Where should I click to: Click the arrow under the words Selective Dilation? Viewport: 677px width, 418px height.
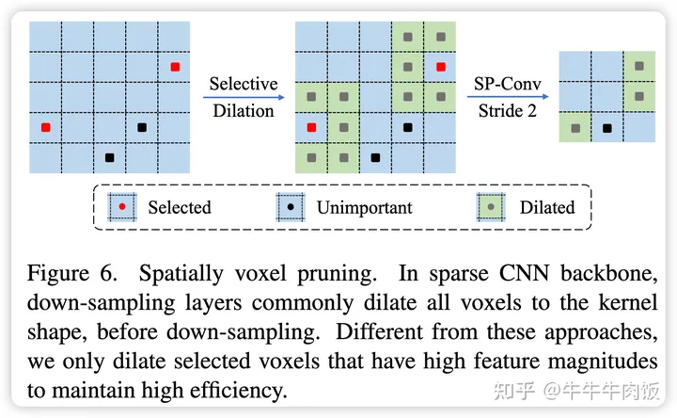(x=243, y=96)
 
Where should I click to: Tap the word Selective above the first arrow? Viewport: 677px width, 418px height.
(x=243, y=83)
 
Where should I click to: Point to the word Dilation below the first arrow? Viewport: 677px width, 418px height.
(x=243, y=110)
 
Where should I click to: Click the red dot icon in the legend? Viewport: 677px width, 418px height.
(x=122, y=206)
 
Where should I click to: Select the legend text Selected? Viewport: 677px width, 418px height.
(x=179, y=207)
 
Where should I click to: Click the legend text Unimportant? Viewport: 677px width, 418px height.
(x=363, y=207)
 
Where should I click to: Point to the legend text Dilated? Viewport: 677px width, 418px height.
(x=546, y=207)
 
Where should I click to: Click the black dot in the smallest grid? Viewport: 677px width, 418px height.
(x=607, y=127)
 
